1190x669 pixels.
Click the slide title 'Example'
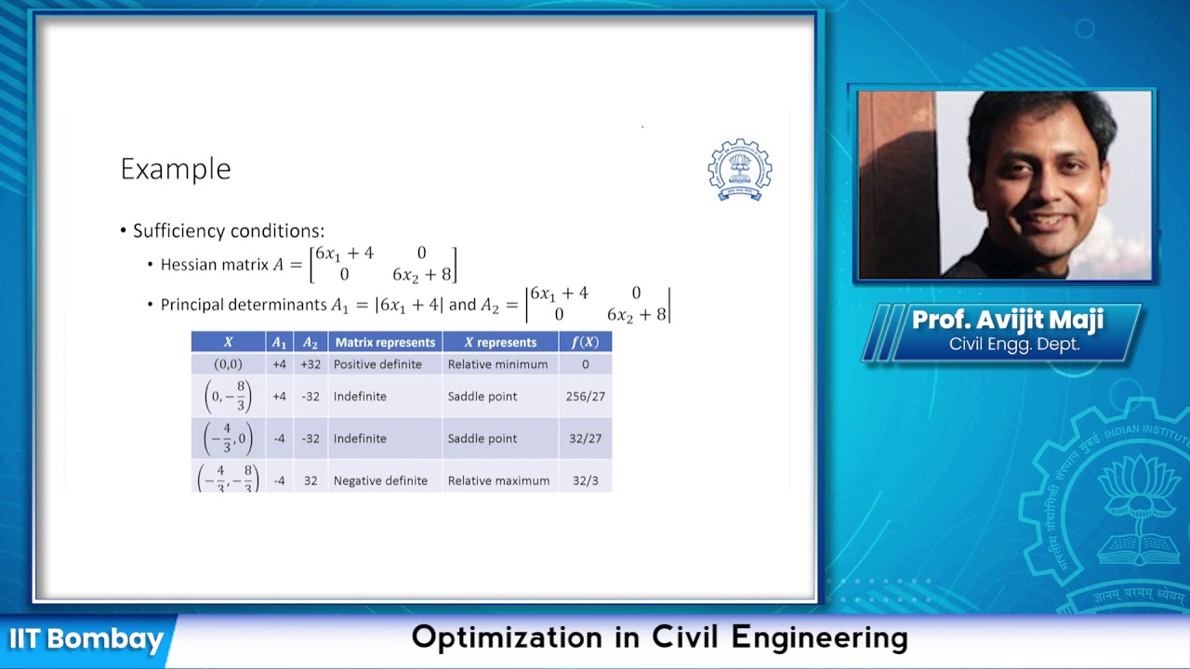pyautogui.click(x=175, y=169)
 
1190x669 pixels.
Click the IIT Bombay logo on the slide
pyautogui.click(x=739, y=170)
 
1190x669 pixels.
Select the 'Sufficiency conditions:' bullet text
pyautogui.click(x=228, y=230)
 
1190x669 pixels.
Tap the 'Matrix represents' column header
pyautogui.click(x=385, y=342)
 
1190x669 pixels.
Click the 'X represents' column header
pyautogui.click(x=500, y=342)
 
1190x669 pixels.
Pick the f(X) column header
pyautogui.click(x=585, y=342)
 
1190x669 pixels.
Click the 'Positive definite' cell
pyautogui.click(x=377, y=364)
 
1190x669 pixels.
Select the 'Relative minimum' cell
pyautogui.click(x=497, y=364)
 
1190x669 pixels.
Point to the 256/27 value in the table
pyautogui.click(x=585, y=396)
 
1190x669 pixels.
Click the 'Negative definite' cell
pyautogui.click(x=380, y=480)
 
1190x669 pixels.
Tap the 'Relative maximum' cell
pyautogui.click(x=498, y=480)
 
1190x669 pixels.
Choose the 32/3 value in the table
pyautogui.click(x=585, y=480)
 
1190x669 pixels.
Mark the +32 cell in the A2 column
pyautogui.click(x=311, y=364)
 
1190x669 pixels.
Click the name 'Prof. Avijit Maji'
pyautogui.click(x=1007, y=321)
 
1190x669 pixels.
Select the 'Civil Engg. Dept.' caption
pyautogui.click(x=1013, y=344)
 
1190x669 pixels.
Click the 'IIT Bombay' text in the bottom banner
pyautogui.click(x=86, y=639)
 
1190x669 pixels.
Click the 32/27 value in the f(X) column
pyautogui.click(x=585, y=439)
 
